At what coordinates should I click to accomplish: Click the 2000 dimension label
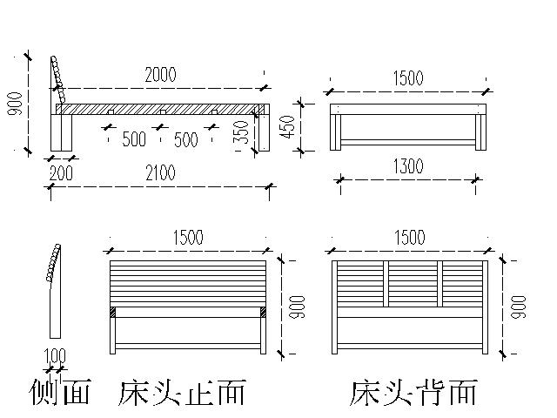160,76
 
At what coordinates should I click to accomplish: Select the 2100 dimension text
160,173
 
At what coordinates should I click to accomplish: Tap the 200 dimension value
62,173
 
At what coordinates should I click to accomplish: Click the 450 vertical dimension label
293,126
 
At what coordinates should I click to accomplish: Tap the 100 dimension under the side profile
55,355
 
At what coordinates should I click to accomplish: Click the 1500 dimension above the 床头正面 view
188,238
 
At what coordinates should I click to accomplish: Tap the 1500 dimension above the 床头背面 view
409,238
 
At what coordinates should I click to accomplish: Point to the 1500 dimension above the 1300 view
407,78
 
